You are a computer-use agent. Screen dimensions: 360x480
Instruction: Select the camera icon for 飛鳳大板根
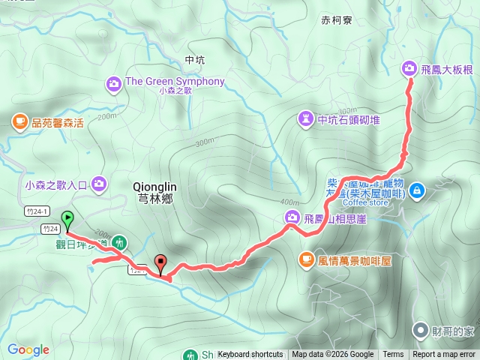pyautogui.click(x=409, y=68)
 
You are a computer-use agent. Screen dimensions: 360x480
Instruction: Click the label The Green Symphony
pyautogui.click(x=175, y=81)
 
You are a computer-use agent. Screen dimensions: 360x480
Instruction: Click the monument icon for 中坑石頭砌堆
pyautogui.click(x=306, y=118)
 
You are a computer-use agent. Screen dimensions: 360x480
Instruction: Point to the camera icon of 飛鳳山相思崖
pyautogui.click(x=291, y=217)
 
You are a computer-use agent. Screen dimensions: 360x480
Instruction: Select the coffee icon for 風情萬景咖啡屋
pyautogui.click(x=306, y=259)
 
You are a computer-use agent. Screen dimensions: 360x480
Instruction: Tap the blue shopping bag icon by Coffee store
pyautogui.click(x=417, y=190)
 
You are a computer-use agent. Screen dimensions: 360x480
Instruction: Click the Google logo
pyautogui.click(x=28, y=349)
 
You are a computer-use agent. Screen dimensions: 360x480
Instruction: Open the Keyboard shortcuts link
pyautogui.click(x=250, y=355)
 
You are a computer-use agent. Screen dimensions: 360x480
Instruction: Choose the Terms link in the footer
pyautogui.click(x=393, y=355)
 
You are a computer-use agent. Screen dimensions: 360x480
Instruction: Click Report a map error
pyautogui.click(x=444, y=355)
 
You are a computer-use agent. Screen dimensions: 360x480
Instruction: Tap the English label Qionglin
pyautogui.click(x=153, y=186)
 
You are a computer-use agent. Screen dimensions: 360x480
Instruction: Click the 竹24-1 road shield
pyautogui.click(x=36, y=211)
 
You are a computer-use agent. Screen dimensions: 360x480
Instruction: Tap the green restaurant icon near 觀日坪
pyautogui.click(x=120, y=243)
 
